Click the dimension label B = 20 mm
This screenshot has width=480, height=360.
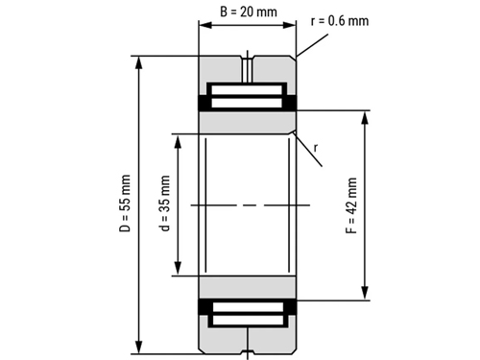(249, 12)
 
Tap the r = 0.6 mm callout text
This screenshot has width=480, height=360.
(340, 21)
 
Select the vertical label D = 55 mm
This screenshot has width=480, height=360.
(125, 204)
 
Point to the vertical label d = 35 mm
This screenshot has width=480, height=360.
(164, 204)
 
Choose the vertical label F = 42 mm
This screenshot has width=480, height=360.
(351, 205)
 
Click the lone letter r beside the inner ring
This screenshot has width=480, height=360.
(316, 148)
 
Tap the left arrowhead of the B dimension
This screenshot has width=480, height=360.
(205, 25)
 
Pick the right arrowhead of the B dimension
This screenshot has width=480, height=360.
(289, 25)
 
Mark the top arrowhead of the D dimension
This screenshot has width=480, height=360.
(138, 63)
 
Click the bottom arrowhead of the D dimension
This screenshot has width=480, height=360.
(138, 347)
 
